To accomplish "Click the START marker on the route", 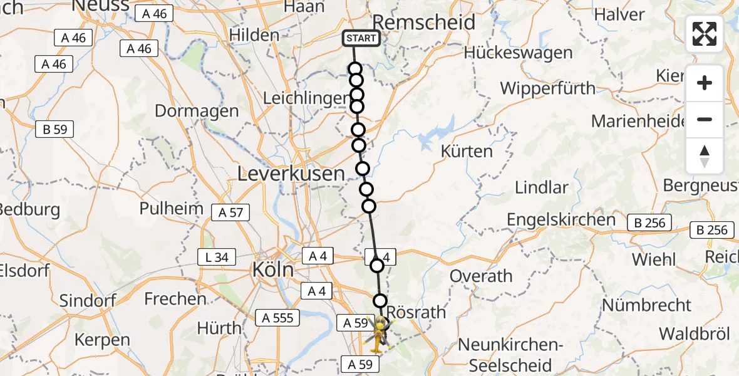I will pyautogui.click(x=361, y=38).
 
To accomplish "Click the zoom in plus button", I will pyautogui.click(x=705, y=83).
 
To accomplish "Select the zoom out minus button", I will pyautogui.click(x=705, y=119).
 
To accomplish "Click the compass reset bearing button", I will pyautogui.click(x=705, y=155).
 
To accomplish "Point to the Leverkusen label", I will pyautogui.click(x=291, y=174).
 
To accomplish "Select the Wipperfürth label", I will pyautogui.click(x=547, y=88).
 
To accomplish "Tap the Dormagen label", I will pyautogui.click(x=196, y=111).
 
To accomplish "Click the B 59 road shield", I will pyautogui.click(x=55, y=130).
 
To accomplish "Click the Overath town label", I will pyautogui.click(x=481, y=276).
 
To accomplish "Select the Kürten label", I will pyautogui.click(x=467, y=151).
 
